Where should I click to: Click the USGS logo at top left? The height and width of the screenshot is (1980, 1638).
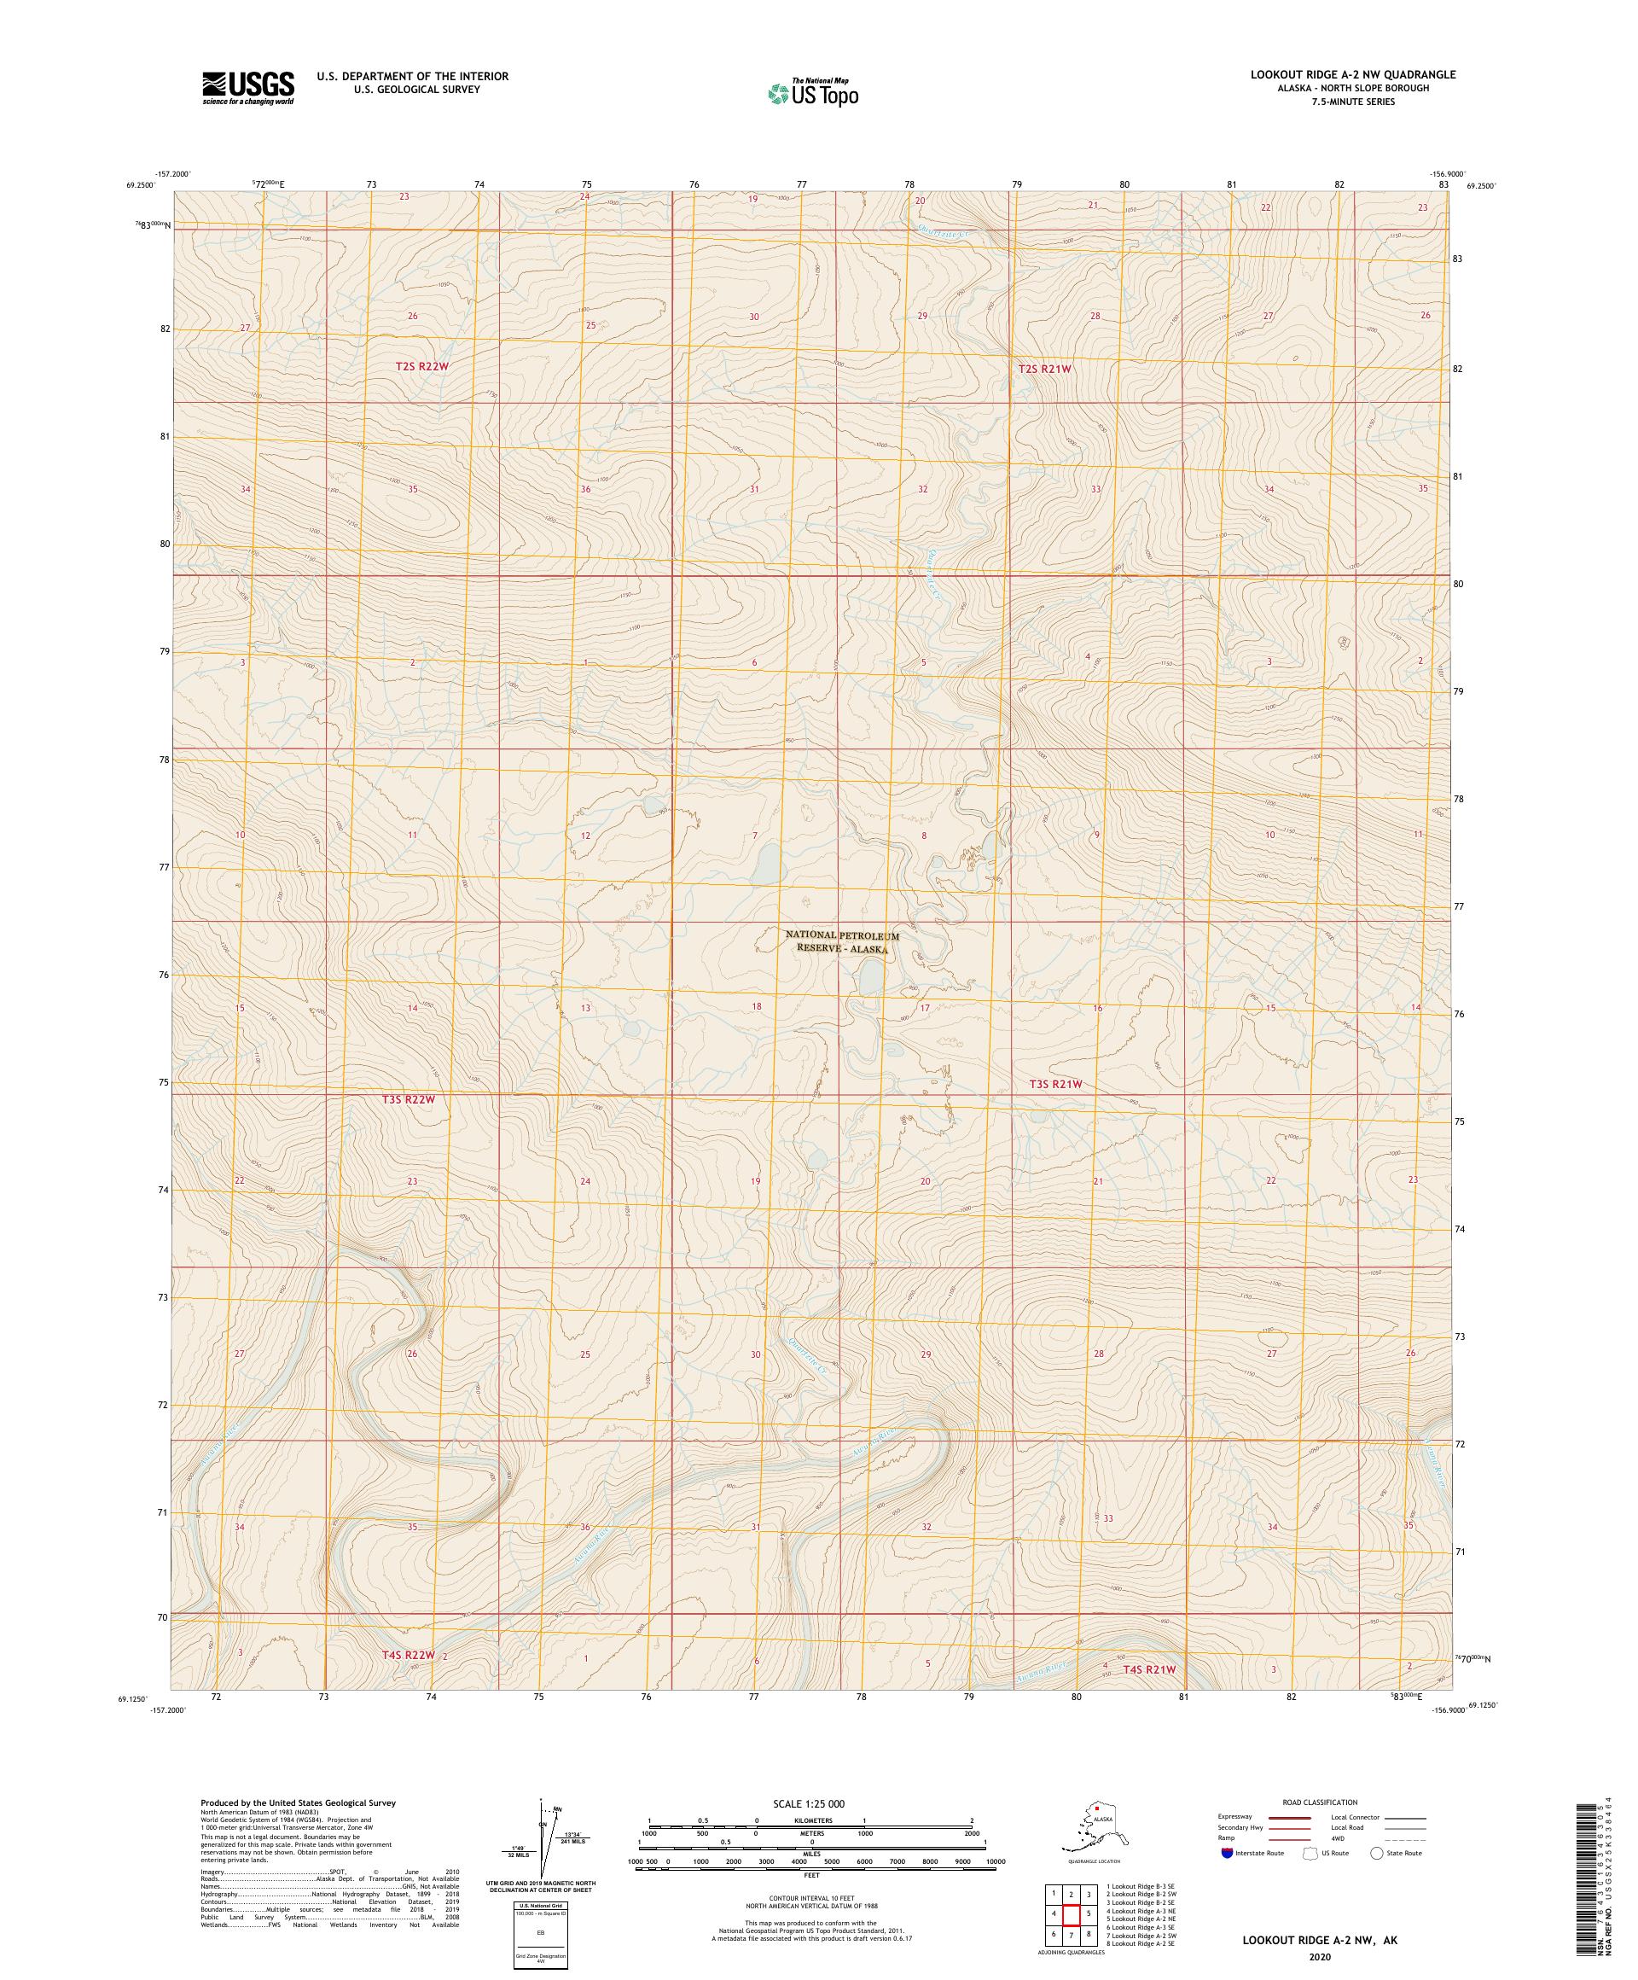pos(247,89)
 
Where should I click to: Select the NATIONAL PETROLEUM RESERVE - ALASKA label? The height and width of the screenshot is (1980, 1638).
pos(842,943)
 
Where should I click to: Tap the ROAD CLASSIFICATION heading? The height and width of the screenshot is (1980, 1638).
pos(1320,1802)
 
